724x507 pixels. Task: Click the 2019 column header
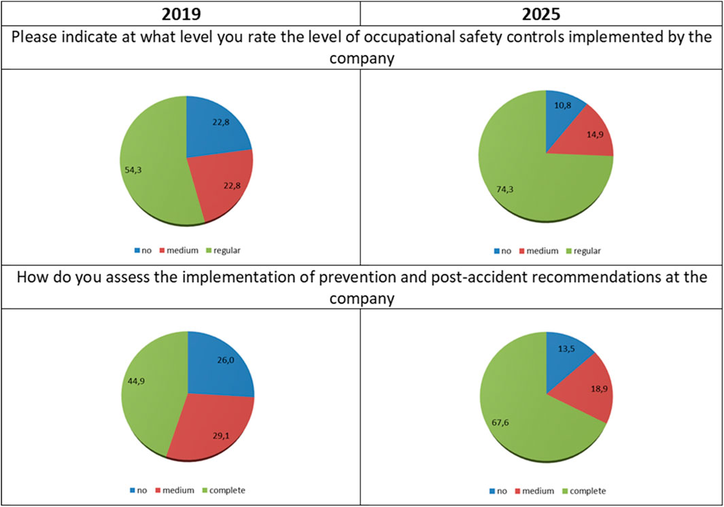click(x=180, y=13)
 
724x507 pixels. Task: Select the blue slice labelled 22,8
click(x=218, y=126)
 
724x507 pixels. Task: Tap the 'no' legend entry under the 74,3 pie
click(x=503, y=250)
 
